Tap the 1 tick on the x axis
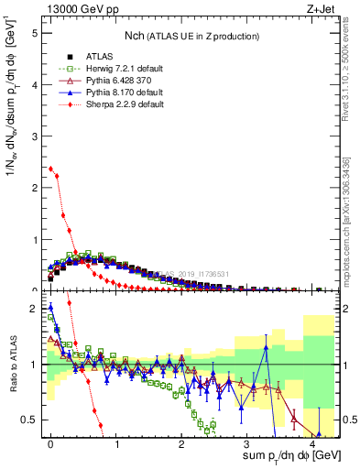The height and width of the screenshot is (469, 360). pyautogui.click(x=116, y=446)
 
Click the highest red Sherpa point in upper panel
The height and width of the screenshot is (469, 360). pyautogui.click(x=50, y=169)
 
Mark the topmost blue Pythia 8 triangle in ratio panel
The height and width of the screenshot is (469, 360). pyautogui.click(x=50, y=307)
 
